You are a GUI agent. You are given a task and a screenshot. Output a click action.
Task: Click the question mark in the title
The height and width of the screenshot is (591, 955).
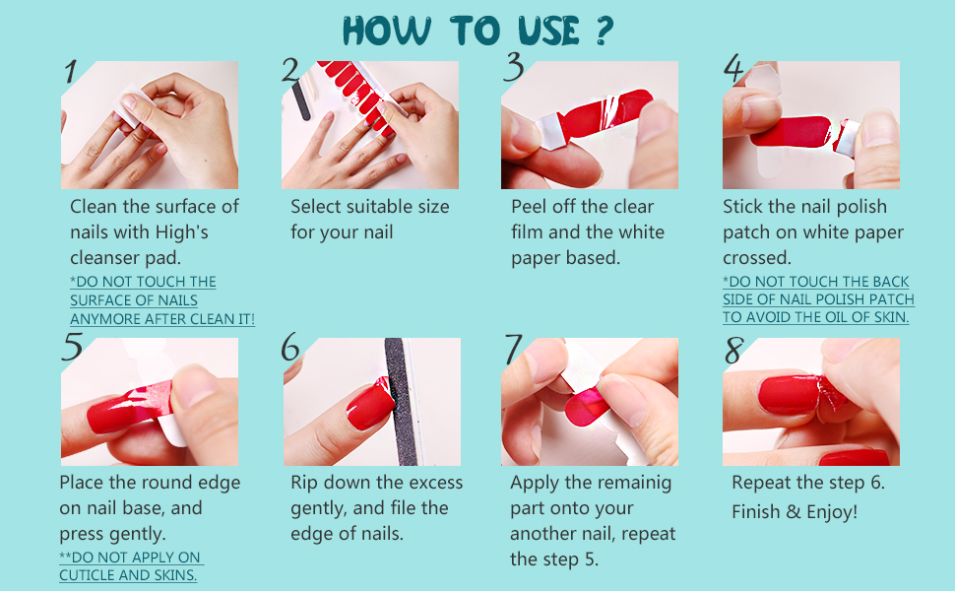pyautogui.click(x=603, y=31)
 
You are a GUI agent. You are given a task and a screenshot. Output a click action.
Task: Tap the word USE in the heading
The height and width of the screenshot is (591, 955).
pyautogui.click(x=549, y=31)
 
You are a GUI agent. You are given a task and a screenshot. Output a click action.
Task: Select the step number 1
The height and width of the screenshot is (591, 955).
pyautogui.click(x=71, y=71)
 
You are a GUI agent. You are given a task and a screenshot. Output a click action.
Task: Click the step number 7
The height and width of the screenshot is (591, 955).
pyautogui.click(x=513, y=349)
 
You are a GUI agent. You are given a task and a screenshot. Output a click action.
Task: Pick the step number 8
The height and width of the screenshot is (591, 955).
pyautogui.click(x=733, y=350)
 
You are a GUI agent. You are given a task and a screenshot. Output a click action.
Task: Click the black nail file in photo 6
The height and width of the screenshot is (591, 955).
pyautogui.click(x=400, y=402)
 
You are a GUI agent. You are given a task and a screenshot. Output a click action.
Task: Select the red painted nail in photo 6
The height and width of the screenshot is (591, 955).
pyautogui.click(x=370, y=404)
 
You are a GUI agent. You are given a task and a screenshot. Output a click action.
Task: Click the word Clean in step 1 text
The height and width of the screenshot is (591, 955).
pyautogui.click(x=94, y=207)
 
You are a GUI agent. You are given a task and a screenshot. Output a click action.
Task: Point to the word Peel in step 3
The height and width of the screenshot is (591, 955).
pyautogui.click(x=529, y=207)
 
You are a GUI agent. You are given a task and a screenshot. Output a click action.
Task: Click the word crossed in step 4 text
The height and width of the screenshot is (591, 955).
pyautogui.click(x=757, y=258)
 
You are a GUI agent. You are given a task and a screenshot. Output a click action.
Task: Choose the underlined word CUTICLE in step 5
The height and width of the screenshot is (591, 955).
pyautogui.click(x=88, y=575)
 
